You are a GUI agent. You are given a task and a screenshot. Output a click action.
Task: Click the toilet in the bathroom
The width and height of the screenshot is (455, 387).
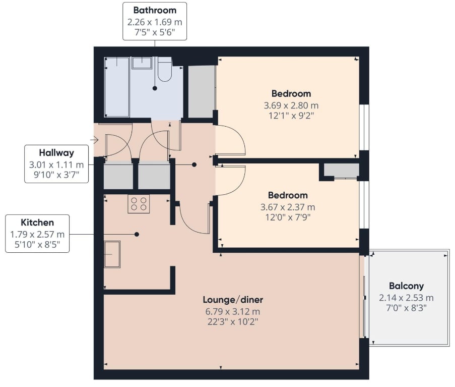pos(165,69)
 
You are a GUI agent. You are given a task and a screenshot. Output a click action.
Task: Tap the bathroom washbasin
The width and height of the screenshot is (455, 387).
pos(142,63)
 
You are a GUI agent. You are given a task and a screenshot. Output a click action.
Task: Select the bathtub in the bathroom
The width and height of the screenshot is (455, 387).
pos(117,87)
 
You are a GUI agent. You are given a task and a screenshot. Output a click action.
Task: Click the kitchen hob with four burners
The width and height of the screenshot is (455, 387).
pos(139,204)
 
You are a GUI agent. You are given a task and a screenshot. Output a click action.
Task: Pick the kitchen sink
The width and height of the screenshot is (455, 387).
pos(112,254)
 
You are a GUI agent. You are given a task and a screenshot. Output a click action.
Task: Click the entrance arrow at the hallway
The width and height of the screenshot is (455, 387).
pos(94,140)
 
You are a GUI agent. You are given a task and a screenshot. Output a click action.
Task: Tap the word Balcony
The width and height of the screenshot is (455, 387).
pos(406,286)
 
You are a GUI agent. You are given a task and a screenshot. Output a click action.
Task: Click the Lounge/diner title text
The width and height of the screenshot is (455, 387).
pos(233,300)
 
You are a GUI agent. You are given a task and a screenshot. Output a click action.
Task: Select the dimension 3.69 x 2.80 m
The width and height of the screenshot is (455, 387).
pos(291,105)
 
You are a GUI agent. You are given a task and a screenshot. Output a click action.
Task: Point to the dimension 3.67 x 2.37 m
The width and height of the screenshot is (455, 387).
pos(288,207)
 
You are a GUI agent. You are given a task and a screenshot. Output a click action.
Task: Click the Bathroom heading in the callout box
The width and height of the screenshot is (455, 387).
pos(155,10)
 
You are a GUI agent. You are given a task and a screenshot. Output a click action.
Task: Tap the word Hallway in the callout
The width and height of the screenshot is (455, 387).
pos(56,153)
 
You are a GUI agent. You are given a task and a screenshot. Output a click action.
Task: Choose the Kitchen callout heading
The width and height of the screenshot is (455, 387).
pos(37,223)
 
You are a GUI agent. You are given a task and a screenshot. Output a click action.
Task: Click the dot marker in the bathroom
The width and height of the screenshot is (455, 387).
pos(155,88)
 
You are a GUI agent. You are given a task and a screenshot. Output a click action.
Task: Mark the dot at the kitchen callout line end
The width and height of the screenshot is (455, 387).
pos(137,234)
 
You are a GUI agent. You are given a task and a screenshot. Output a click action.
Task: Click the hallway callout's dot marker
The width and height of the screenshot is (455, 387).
pos(194,164)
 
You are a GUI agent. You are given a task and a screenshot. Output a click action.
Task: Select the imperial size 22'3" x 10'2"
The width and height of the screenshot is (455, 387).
pos(233,322)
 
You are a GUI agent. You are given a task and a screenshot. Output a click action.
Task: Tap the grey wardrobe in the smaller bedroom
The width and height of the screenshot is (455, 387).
pos(342,170)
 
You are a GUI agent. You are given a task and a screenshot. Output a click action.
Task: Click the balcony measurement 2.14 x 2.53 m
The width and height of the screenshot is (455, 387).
pos(406,298)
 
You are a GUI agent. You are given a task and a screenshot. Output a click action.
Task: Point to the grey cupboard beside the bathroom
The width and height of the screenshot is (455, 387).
pos(202,91)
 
